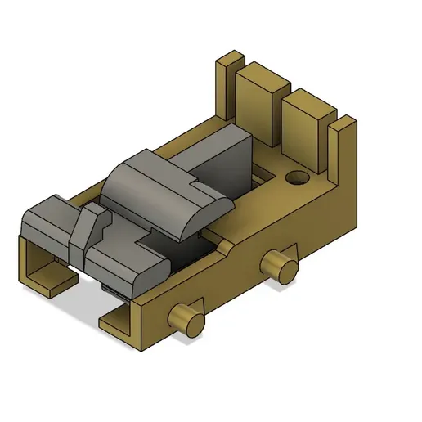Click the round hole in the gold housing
click(x=295, y=177)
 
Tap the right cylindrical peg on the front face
click(x=280, y=263)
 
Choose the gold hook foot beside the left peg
click(x=123, y=324)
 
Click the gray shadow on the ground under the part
click(x=90, y=311)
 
